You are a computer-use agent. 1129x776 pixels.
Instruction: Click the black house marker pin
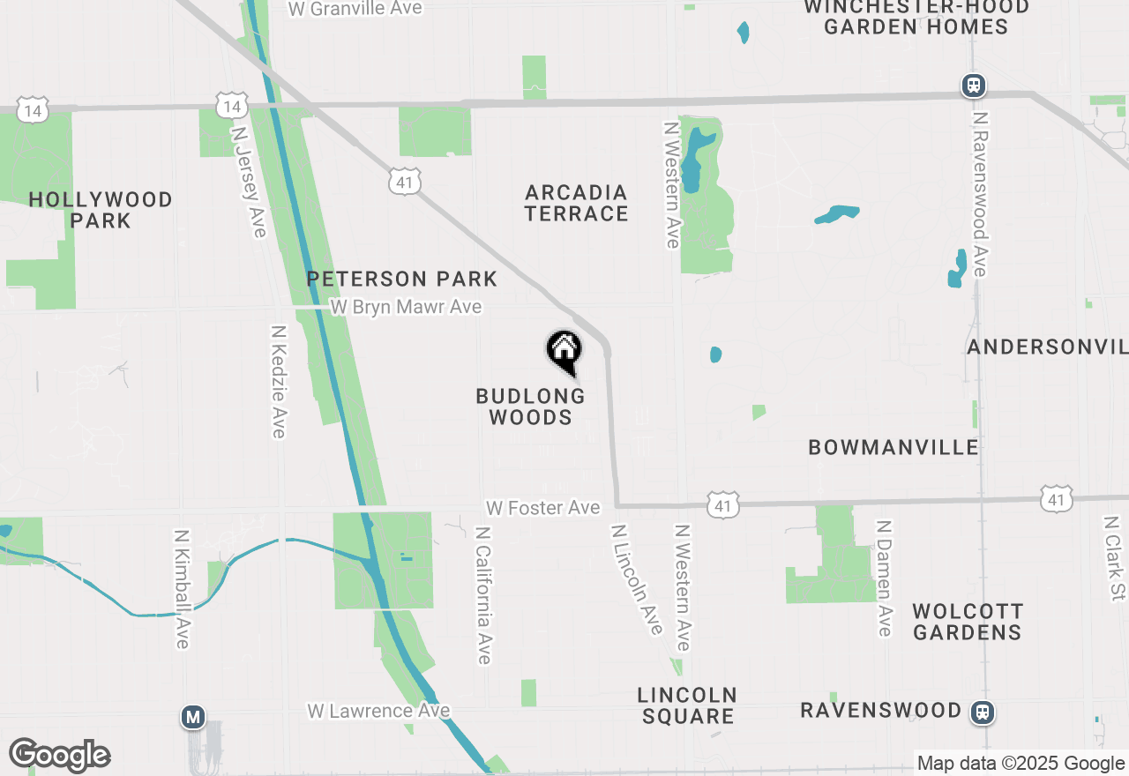tap(564, 352)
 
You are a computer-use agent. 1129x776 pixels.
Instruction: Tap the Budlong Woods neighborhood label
tap(530, 407)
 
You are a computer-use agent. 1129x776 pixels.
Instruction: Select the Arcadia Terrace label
tap(577, 203)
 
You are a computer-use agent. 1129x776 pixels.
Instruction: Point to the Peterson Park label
tap(402, 280)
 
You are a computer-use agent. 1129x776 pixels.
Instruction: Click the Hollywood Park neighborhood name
tap(101, 210)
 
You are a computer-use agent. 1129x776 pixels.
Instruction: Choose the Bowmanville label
tap(893, 447)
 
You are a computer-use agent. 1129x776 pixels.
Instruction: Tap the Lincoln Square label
tap(688, 705)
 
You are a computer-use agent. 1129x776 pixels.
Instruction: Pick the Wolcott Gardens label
tap(968, 622)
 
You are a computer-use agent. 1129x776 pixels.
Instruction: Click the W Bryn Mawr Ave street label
tap(406, 307)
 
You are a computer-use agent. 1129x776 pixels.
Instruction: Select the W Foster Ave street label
tap(542, 508)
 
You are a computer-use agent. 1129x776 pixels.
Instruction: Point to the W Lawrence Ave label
tap(378, 711)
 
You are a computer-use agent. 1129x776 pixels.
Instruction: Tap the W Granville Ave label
tap(355, 9)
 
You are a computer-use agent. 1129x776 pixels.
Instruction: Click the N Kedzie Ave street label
tap(279, 382)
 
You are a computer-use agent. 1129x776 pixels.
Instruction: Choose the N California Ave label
tap(482, 595)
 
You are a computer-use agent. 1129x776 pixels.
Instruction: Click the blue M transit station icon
tap(193, 716)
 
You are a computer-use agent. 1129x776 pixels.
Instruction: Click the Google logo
tap(59, 755)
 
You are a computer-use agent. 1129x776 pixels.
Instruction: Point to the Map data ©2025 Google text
tap(1021, 764)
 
